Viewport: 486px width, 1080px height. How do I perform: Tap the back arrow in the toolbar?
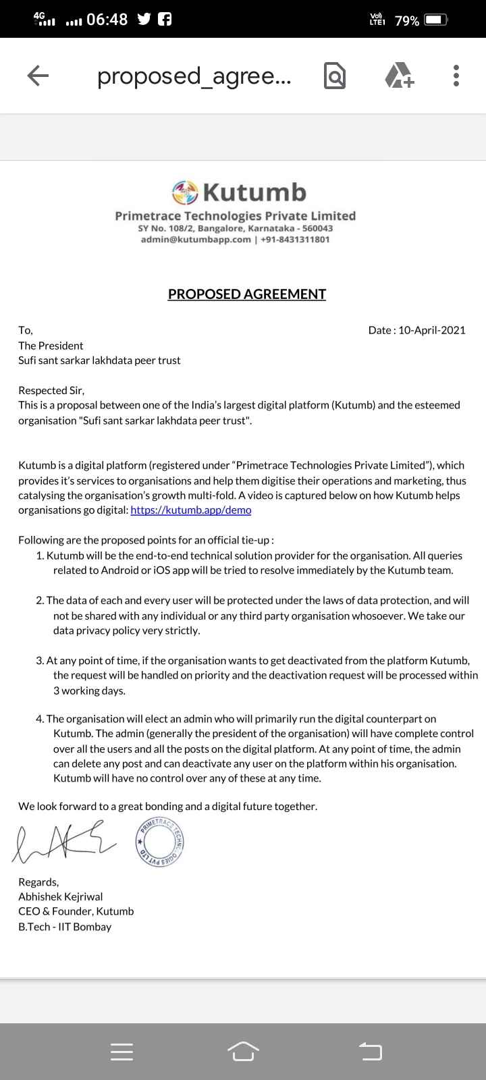tap(38, 76)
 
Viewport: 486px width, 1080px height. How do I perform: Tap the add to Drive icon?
tap(400, 76)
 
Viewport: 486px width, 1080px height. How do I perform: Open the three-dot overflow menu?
tap(456, 76)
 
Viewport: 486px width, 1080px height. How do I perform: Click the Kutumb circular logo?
tap(185, 192)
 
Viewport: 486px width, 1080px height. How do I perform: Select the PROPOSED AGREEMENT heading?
tap(247, 294)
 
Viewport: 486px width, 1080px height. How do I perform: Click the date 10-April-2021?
tap(432, 330)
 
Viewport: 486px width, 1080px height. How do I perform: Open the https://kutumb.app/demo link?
tap(191, 510)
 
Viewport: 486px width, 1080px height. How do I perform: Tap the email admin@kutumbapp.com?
tap(196, 239)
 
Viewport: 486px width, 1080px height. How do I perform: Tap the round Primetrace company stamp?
tap(161, 843)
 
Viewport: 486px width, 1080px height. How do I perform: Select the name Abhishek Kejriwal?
tap(61, 896)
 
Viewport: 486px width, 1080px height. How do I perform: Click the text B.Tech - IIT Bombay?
tap(65, 927)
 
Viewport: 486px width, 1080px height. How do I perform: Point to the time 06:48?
tap(107, 20)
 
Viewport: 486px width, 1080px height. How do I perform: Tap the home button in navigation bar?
tap(243, 1051)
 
